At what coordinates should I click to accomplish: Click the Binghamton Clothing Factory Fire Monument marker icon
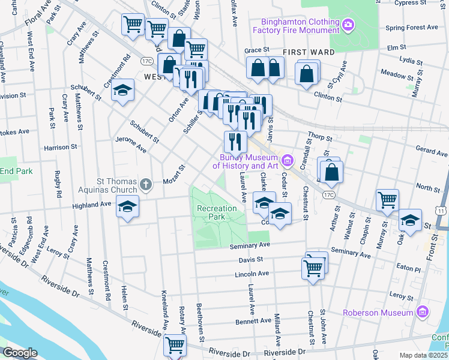(x=348, y=25)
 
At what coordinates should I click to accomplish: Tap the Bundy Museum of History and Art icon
(x=288, y=160)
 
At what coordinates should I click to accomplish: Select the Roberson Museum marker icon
(x=423, y=313)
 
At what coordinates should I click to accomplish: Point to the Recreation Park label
(x=217, y=213)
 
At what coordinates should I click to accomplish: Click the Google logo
(x=20, y=353)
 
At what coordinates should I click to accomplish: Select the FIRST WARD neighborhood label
(x=309, y=52)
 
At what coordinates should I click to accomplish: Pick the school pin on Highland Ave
(x=127, y=207)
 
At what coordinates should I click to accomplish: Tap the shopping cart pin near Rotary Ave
(x=175, y=345)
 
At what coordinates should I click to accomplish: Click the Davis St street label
(x=252, y=260)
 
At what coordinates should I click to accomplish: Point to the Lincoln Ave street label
(x=251, y=274)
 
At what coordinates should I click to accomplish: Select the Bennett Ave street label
(x=253, y=322)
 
